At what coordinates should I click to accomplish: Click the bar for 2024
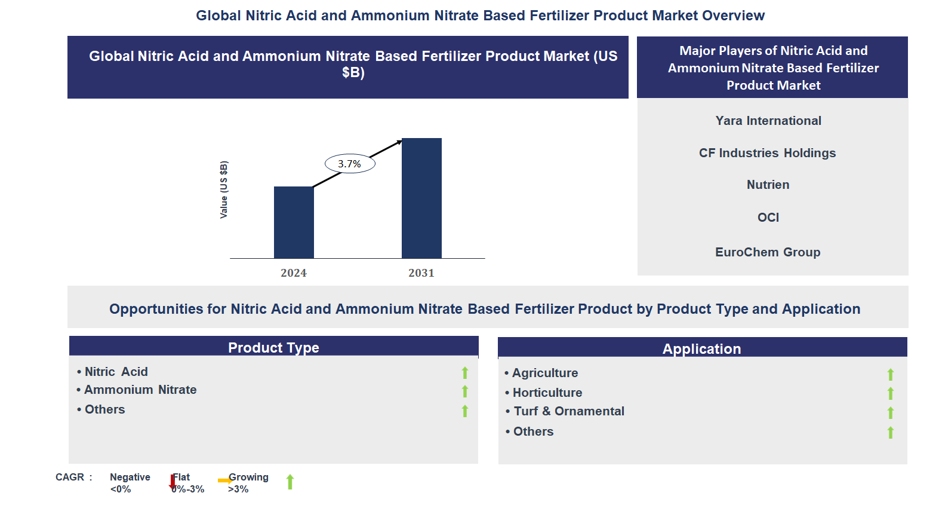pos(294,222)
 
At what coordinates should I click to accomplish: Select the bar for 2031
pos(421,198)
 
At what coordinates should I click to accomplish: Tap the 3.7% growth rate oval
pos(350,164)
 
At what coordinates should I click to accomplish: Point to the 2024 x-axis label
pos(294,273)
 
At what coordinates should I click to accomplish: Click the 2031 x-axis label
pos(421,273)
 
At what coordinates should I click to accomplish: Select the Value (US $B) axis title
pos(224,189)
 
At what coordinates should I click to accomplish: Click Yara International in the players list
pos(768,121)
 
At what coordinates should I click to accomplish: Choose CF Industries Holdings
pos(767,153)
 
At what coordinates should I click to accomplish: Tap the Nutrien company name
pos(768,185)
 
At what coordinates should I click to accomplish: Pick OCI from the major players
pos(768,218)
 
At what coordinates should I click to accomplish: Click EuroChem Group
pos(768,252)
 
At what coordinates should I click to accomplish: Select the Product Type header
pos(273,347)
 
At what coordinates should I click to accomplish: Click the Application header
pos(701,348)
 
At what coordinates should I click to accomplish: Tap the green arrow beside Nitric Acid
pos(465,373)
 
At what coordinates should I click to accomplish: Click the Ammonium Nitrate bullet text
pos(140,390)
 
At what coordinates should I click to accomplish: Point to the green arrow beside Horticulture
pos(890,393)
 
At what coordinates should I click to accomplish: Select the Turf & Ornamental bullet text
pos(569,411)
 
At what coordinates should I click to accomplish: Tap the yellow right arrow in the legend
pos(225,480)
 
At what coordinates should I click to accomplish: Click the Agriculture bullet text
pos(545,373)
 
